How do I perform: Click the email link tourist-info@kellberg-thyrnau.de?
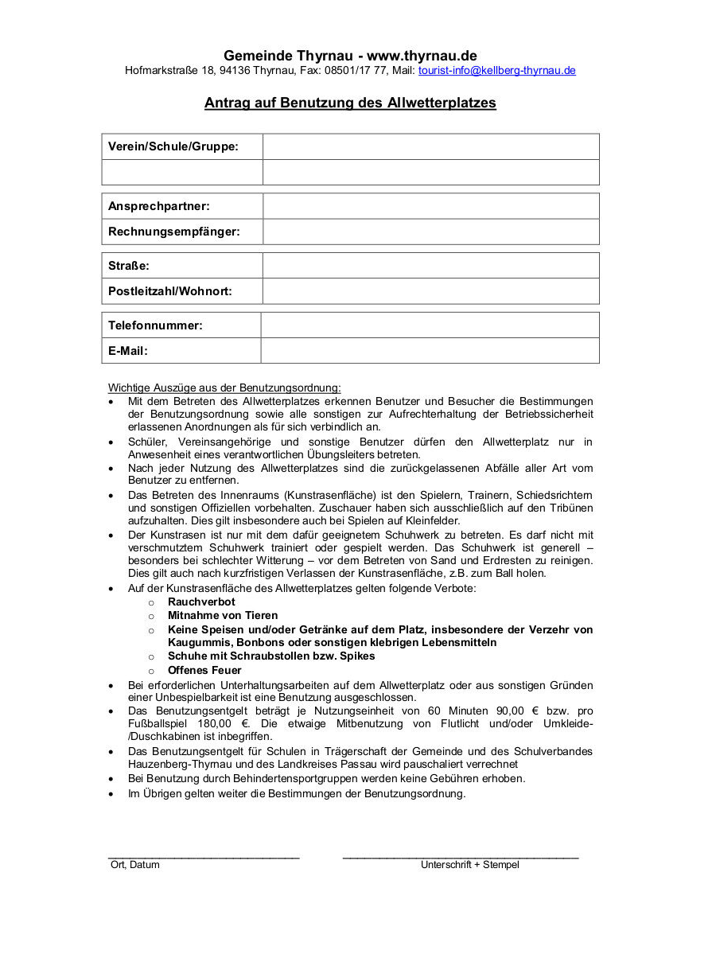coord(496,71)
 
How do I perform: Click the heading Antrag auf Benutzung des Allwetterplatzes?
coord(350,103)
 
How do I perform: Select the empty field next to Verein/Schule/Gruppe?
coord(430,147)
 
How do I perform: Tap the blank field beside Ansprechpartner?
coord(430,206)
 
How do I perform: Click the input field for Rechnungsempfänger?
coord(430,232)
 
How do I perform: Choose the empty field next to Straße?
coord(430,266)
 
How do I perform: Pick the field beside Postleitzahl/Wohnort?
coord(430,291)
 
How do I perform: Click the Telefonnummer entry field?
coord(430,325)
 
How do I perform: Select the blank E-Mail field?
coord(430,351)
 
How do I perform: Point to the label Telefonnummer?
coord(155,325)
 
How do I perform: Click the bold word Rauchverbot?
coord(201,602)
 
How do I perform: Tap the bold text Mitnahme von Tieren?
coord(223,616)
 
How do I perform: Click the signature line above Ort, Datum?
coord(204,856)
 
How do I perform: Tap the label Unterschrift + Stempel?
coord(469,865)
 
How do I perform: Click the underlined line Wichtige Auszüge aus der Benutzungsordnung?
coord(224,388)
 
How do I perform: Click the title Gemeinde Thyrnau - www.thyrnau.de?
coord(350,56)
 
